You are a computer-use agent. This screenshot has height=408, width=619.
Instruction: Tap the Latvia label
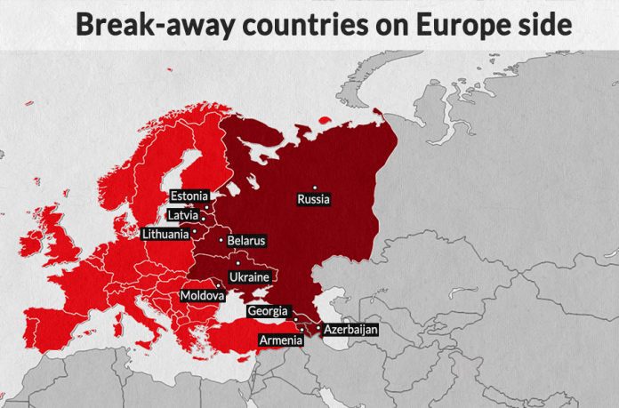(181, 215)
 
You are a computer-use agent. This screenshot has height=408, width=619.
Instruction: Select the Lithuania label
(166, 235)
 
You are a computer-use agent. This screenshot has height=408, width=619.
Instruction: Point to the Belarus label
(246, 241)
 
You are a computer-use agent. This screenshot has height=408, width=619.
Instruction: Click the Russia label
(313, 199)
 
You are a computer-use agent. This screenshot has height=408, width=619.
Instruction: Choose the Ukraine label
(249, 277)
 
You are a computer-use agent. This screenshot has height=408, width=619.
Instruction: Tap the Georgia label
(268, 311)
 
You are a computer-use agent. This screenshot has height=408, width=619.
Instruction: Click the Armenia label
(278, 340)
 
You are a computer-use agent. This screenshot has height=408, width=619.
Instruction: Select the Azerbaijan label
(350, 330)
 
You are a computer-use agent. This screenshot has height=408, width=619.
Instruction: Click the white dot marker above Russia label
(314, 188)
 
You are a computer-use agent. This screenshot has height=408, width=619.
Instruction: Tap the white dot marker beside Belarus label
(221, 240)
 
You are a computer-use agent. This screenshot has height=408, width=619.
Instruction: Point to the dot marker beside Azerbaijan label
(318, 329)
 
